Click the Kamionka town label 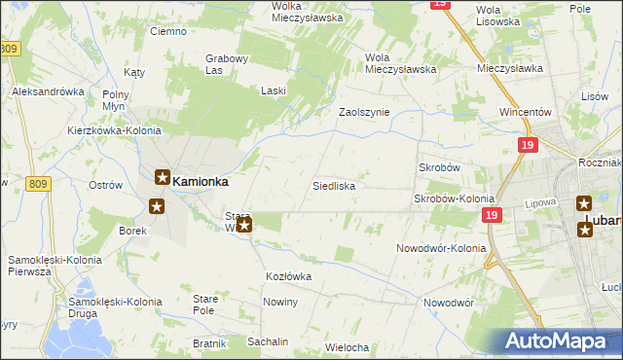[202, 180]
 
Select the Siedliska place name [333, 185]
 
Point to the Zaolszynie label [363, 112]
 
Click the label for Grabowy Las [228, 64]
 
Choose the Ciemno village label [167, 31]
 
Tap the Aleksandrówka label [48, 91]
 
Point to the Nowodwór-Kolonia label [441, 248]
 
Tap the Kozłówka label [288, 276]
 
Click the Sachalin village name [268, 342]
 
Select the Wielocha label [347, 347]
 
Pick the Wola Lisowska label [499, 16]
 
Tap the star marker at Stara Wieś [244, 227]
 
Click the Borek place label [132, 231]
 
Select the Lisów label [594, 97]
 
